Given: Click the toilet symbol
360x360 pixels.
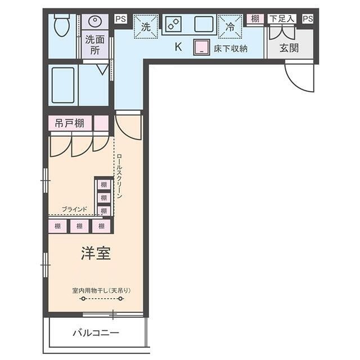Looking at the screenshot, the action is pos(62,25).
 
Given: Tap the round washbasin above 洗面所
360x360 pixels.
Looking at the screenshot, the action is pos(95,21).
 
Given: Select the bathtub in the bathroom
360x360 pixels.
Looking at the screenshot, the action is pos(63,85).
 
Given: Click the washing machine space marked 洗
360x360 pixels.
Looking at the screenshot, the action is pos(146,26).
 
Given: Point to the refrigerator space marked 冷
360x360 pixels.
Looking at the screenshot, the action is pos(230,26).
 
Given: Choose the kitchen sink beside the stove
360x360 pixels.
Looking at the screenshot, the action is pos(204,24).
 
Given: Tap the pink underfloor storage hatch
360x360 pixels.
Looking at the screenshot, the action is pos(201,47).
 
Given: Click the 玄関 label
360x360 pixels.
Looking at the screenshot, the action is pos(289,48).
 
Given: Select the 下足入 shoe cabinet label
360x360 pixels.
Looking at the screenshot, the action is pos(282,19).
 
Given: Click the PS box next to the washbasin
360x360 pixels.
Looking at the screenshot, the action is pos(121,19).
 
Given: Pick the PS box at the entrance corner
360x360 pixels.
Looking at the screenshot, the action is pos(308,19).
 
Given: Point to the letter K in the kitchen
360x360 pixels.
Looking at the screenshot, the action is pos(178,47).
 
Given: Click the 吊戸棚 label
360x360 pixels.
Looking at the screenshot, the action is pos(70,124).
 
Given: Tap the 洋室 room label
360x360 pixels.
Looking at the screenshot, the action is pos(96,253).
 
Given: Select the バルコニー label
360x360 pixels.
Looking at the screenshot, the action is pos(96,332).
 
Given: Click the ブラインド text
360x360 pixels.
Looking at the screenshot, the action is pos(74,209).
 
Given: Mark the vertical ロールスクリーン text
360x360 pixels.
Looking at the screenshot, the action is pos(119,176).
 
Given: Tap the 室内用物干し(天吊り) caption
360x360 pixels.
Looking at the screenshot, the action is pos(101,291).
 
